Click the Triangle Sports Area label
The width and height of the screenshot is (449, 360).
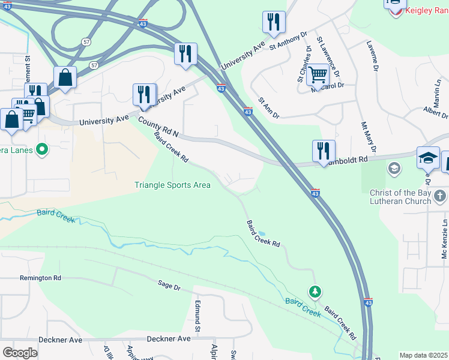(172, 185)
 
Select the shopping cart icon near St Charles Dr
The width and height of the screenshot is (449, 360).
(317, 76)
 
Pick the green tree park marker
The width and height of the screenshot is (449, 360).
(315, 292)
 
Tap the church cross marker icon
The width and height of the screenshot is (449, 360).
(439, 196)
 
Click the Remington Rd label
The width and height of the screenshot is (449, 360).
(40, 278)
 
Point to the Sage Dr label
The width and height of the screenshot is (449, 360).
(169, 286)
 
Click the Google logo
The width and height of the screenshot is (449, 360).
(20, 353)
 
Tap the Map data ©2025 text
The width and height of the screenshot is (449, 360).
(423, 355)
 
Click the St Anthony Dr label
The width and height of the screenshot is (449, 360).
(288, 41)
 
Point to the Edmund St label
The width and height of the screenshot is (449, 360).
(196, 317)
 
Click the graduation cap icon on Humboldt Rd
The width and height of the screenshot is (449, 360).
(428, 158)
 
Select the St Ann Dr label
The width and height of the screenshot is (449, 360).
(268, 108)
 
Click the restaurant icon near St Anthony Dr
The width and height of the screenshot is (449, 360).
(274, 22)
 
